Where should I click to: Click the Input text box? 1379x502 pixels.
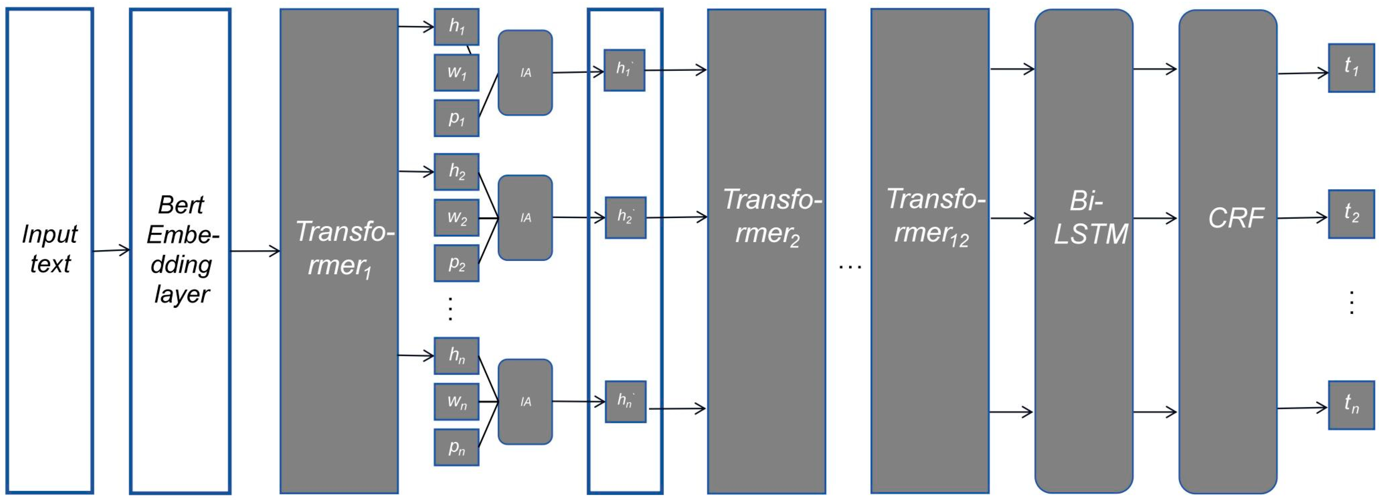click(x=50, y=250)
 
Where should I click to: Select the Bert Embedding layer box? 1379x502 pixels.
click(x=180, y=250)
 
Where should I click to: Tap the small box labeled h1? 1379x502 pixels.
click(x=456, y=27)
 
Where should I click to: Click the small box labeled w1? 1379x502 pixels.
click(x=456, y=72)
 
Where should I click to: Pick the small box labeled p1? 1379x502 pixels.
click(x=456, y=118)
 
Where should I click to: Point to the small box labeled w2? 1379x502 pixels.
click(x=456, y=218)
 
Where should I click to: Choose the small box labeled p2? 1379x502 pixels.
click(x=456, y=263)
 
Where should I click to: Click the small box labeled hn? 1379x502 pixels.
click(x=456, y=355)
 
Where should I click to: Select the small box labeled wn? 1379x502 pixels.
click(x=456, y=401)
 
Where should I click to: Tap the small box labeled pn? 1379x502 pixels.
click(x=456, y=447)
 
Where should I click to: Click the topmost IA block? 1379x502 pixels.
click(x=525, y=72)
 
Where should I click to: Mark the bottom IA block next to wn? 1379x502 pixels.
click(x=525, y=401)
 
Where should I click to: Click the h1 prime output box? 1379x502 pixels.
click(x=624, y=70)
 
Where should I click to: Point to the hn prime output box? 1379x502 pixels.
click(x=625, y=401)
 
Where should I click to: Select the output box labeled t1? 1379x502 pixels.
click(x=1351, y=68)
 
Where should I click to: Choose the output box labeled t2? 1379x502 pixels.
click(x=1351, y=214)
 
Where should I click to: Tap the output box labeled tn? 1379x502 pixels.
click(x=1351, y=405)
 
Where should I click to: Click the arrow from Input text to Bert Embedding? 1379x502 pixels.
click(x=111, y=250)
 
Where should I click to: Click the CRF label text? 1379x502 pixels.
click(x=1235, y=218)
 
